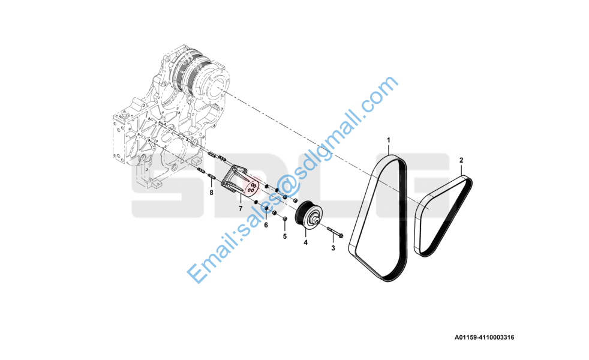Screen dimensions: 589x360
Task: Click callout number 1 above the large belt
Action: click(389, 140)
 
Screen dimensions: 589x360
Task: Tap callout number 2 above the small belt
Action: click(461, 160)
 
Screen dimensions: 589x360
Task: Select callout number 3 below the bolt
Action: click(333, 248)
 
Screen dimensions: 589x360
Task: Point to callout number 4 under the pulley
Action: click(305, 243)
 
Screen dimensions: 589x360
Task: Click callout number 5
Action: click(285, 236)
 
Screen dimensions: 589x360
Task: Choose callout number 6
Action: click(266, 225)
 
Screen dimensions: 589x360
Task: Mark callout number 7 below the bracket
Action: click(241, 209)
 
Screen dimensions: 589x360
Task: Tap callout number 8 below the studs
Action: click(211, 193)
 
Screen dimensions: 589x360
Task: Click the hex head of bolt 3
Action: click(341, 236)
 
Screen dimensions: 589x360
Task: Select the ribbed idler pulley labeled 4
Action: click(308, 214)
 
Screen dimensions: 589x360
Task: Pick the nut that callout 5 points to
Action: click(284, 218)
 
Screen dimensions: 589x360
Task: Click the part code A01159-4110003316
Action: click(484, 337)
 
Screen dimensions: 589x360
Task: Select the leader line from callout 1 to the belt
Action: click(389, 149)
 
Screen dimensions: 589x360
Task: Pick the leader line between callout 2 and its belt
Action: click(462, 170)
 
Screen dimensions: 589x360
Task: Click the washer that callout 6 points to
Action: click(266, 209)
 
